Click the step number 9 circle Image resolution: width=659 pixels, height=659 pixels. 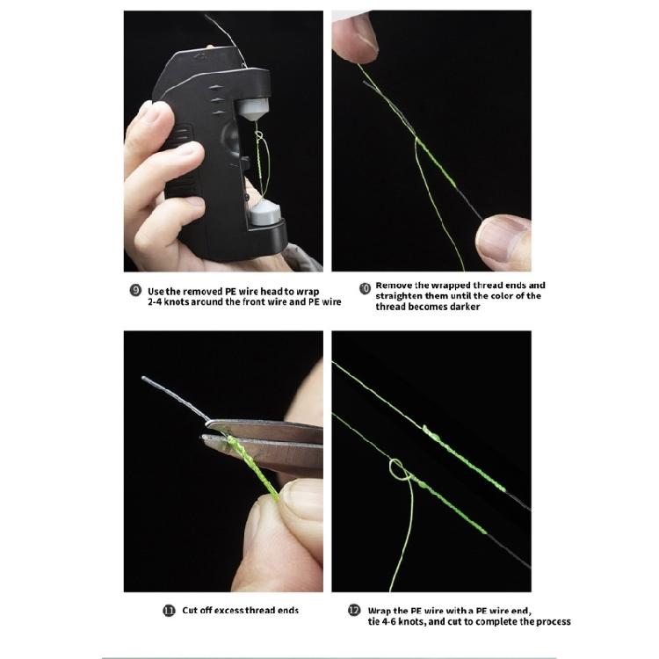pos(135,291)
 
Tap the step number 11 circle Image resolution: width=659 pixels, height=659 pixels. pos(170,610)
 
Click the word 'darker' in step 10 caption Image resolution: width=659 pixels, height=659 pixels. pos(460,307)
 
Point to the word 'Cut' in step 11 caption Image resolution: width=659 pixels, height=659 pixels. pos(191,610)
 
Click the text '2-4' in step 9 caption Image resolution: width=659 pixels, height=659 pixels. pos(158,301)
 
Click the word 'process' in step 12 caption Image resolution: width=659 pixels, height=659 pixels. pos(550,621)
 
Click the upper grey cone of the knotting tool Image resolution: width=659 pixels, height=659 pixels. pos(249,109)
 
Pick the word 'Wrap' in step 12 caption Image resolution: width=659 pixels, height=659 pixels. pos(381,609)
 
